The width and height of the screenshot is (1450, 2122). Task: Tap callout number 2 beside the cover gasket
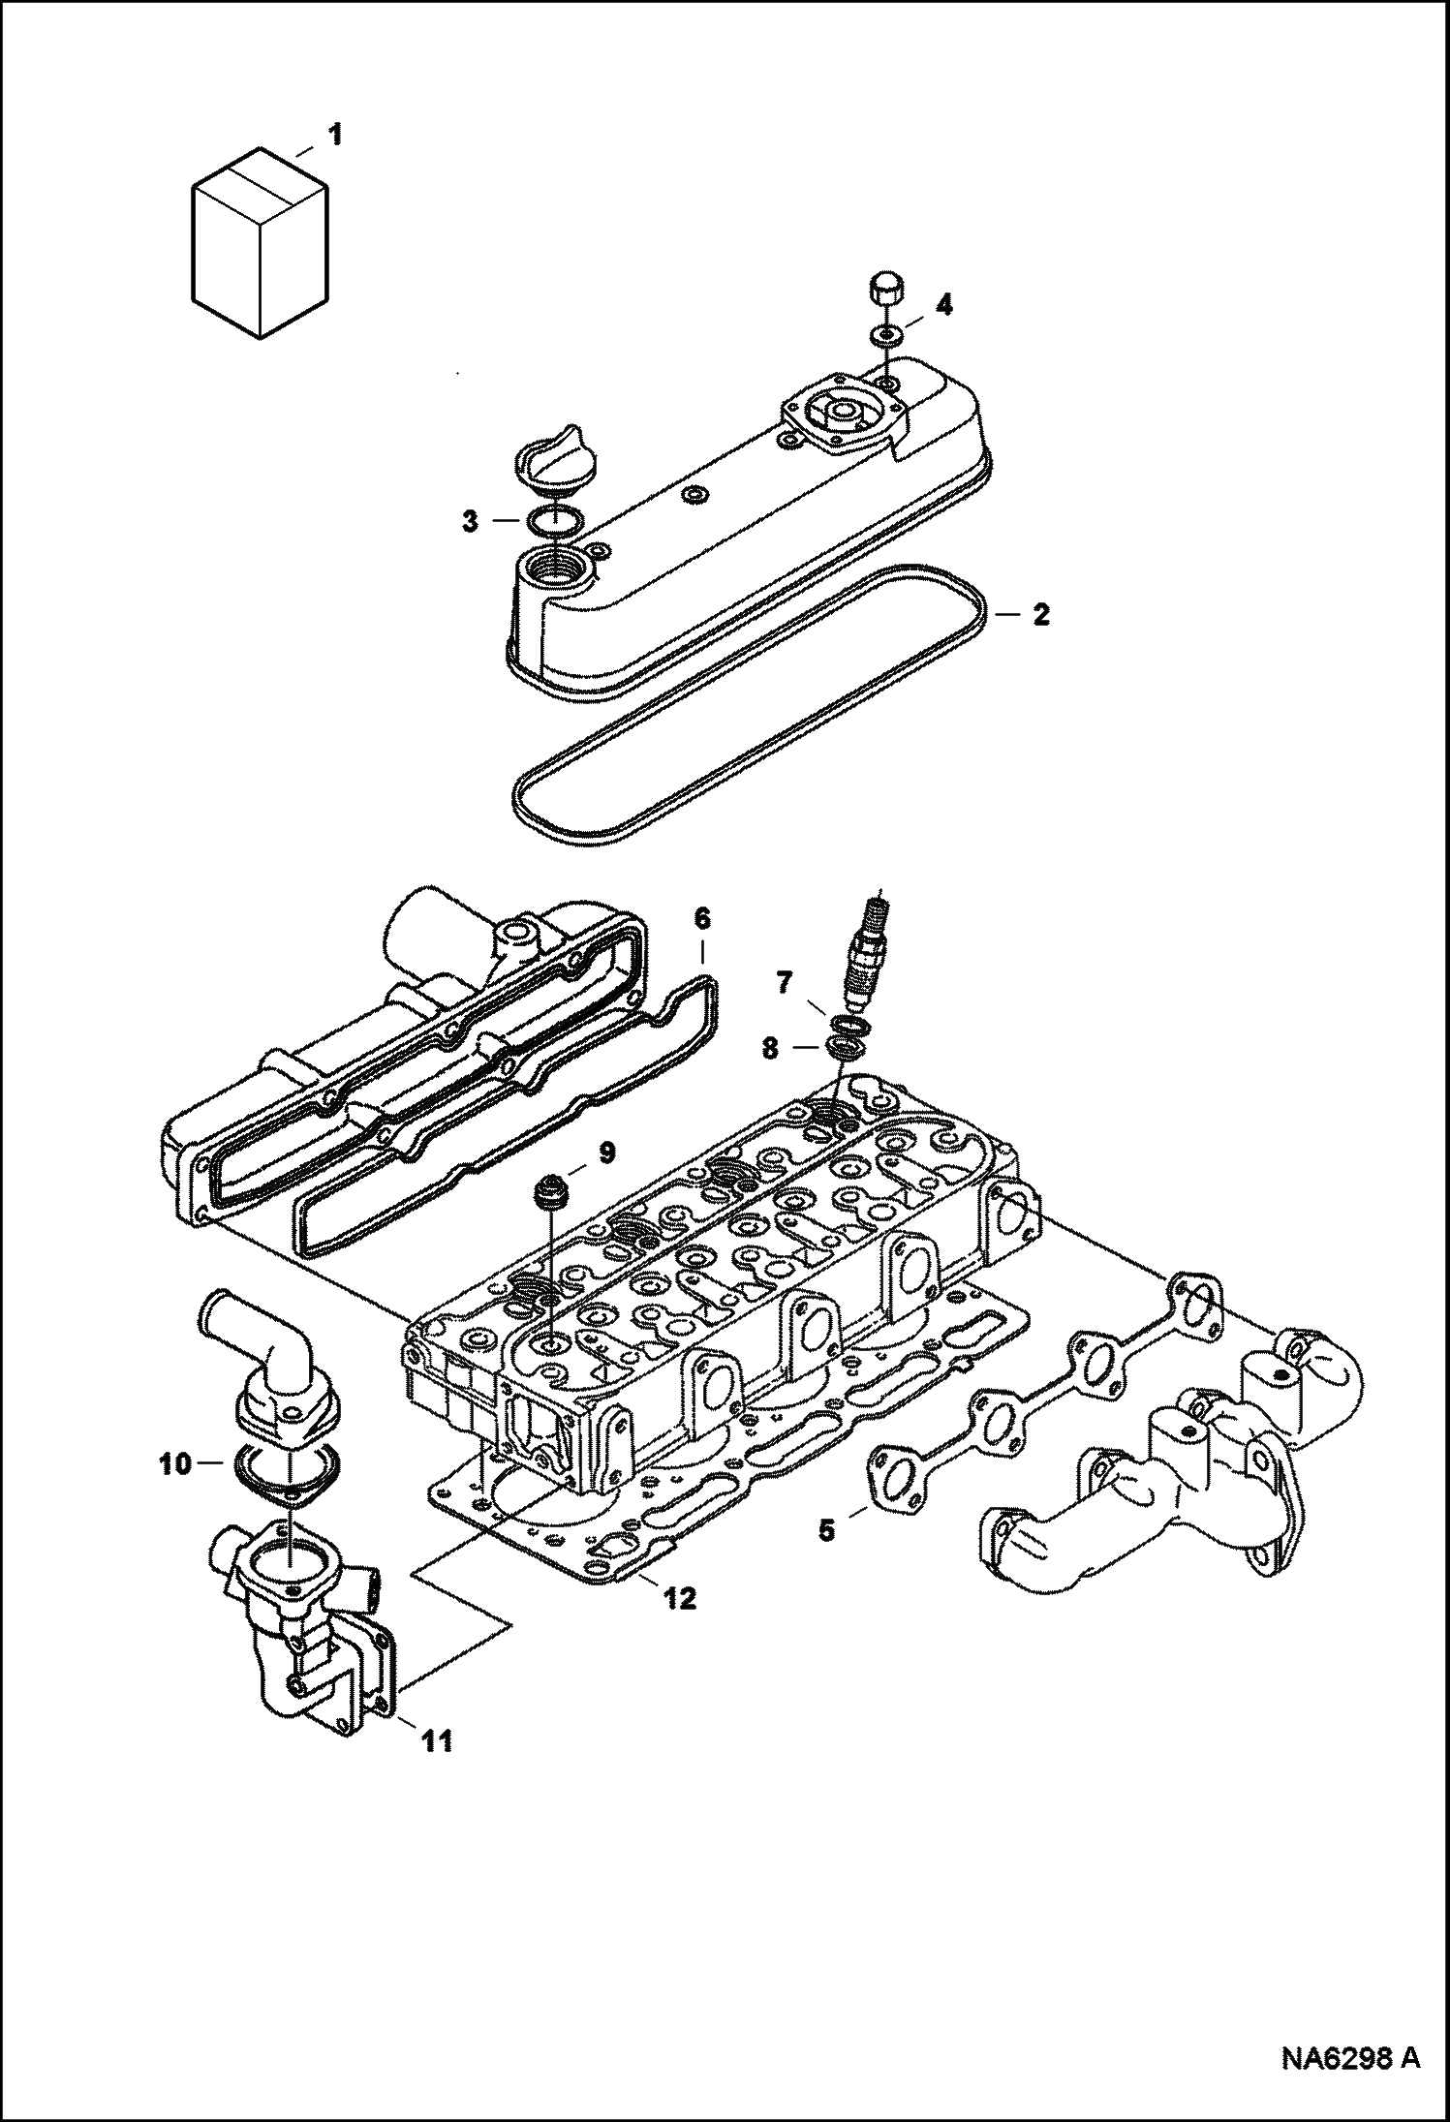coord(1040,614)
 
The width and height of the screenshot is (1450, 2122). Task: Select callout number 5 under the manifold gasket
coord(825,1531)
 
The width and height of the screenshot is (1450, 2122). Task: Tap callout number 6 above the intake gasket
coord(702,916)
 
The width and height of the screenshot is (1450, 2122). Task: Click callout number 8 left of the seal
coord(769,1049)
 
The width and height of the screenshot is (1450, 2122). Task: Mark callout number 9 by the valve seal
coord(605,1153)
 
